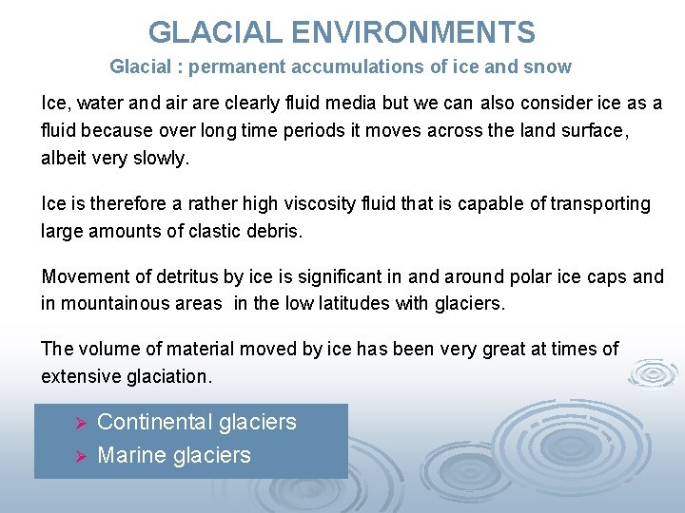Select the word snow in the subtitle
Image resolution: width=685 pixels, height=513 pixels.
(551, 67)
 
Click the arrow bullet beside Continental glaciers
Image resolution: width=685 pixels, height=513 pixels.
(81, 423)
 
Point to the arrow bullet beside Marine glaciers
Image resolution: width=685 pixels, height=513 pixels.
(81, 456)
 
